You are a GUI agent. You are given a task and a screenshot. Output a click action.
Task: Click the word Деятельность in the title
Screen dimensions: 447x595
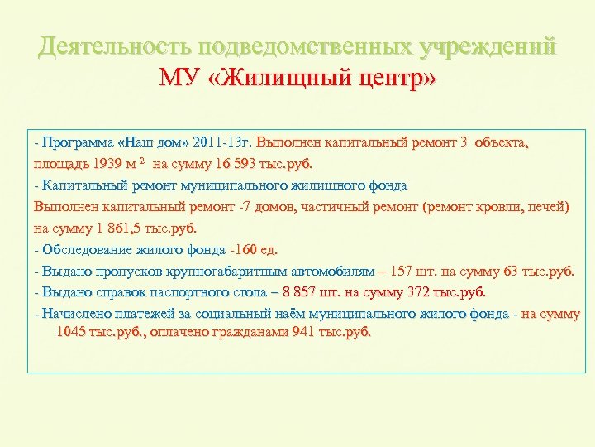(103, 46)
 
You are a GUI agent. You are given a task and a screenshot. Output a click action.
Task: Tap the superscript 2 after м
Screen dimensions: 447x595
(141, 159)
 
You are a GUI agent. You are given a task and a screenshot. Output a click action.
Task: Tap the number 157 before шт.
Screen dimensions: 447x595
(410, 271)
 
